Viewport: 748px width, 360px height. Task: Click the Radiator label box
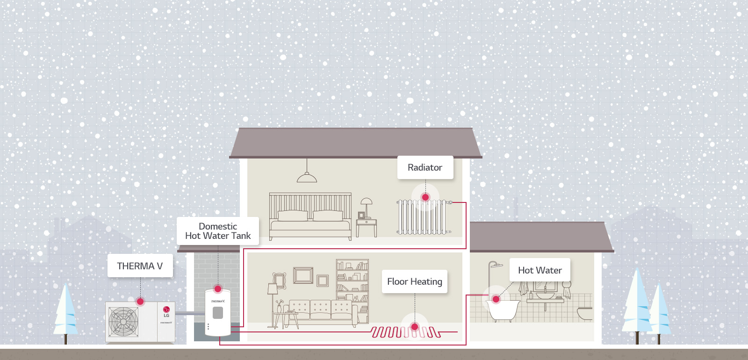[x=425, y=167]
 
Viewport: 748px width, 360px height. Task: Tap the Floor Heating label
[x=414, y=281]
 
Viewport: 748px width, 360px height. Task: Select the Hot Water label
[x=539, y=270]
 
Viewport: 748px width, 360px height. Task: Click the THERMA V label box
[x=140, y=266]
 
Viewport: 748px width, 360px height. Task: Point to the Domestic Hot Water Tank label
[x=218, y=231]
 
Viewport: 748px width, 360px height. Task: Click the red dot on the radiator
[x=425, y=197]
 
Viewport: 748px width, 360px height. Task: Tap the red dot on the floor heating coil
[x=415, y=327]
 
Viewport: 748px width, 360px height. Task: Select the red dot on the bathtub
[x=496, y=299]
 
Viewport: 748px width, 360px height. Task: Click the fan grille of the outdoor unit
[x=123, y=322]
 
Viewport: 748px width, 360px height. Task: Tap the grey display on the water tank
[x=218, y=313]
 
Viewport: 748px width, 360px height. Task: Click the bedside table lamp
[x=367, y=207]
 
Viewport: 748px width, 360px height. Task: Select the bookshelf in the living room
[x=352, y=291]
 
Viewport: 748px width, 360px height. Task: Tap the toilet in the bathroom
[x=585, y=314]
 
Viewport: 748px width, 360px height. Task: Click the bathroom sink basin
[x=545, y=296]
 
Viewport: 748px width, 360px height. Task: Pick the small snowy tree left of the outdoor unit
[x=65, y=312]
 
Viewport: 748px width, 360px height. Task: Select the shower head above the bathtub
[x=497, y=266]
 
